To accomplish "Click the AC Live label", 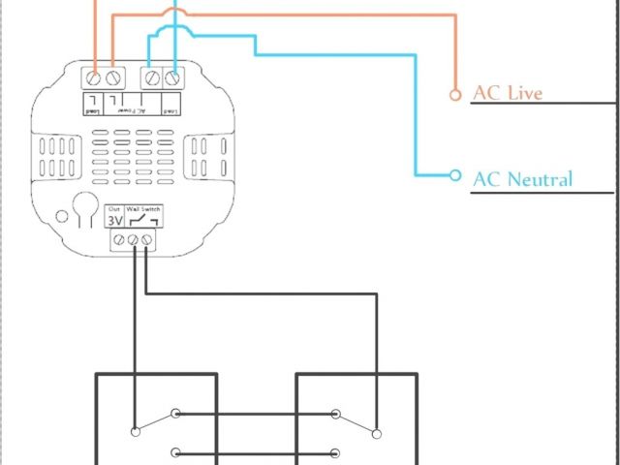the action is tap(507, 93).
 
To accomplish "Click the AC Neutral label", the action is tap(522, 179).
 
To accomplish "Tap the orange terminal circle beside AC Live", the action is tap(455, 94).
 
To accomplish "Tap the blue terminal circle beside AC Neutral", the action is tap(455, 175).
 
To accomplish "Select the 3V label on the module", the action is tap(114, 220).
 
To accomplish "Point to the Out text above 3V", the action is tap(114, 209).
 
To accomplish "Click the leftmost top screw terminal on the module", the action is tap(95, 76).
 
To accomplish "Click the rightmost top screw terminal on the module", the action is tap(172, 76).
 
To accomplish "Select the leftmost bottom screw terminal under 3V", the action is tap(114, 239).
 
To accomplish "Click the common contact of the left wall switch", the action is tap(134, 430).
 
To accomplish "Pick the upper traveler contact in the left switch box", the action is tap(175, 415).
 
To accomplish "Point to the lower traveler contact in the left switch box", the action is tap(175, 452).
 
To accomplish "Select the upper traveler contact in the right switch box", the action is tap(336, 415).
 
